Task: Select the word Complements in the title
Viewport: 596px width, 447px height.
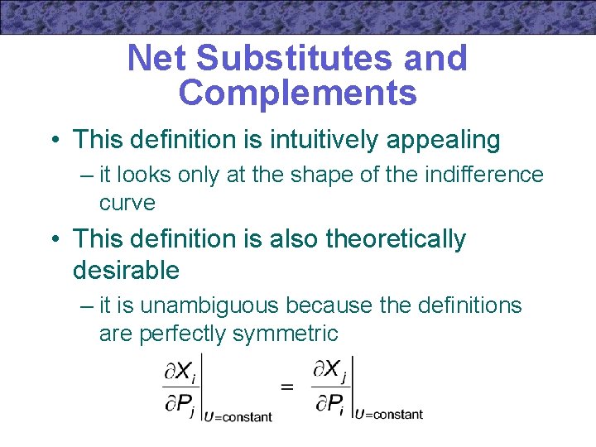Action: click(x=298, y=94)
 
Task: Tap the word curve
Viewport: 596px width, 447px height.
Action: click(x=127, y=203)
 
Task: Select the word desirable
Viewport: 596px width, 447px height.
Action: click(x=126, y=270)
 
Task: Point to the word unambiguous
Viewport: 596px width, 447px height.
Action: click(x=210, y=305)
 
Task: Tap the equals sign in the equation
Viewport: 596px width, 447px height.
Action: click(x=287, y=387)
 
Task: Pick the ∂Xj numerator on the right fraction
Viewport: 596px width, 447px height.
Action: click(x=330, y=370)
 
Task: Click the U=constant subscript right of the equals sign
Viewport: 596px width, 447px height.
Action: click(x=388, y=413)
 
